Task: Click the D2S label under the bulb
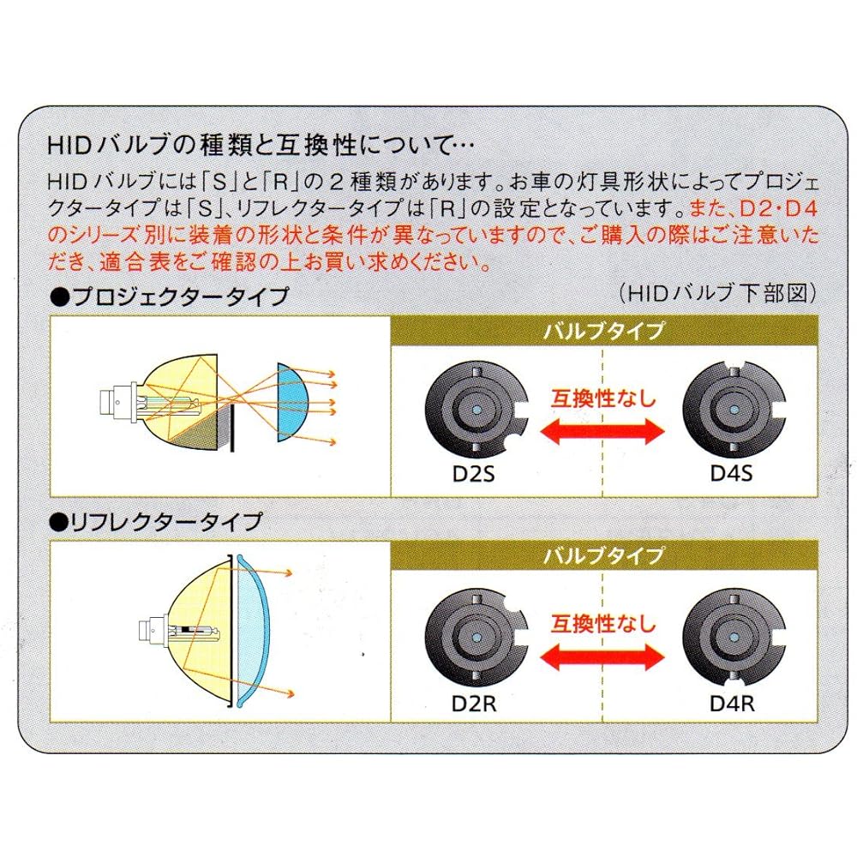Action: pos(473,473)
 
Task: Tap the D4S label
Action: pos(731,473)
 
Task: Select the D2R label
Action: pos(474,704)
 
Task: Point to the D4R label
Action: pos(732,704)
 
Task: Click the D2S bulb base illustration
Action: pos(476,410)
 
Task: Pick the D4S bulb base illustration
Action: pos(734,410)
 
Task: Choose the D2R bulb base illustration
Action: pos(476,639)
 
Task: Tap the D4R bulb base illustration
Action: pos(734,639)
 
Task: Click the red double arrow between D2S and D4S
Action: pos(602,431)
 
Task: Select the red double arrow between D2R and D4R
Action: pos(602,656)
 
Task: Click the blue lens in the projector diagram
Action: pos(291,402)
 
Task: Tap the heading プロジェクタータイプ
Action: pos(170,297)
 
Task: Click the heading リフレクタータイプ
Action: pos(156,523)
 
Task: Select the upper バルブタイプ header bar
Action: pos(604,331)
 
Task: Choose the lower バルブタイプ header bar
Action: pos(604,556)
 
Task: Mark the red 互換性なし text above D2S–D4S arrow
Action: pos(602,398)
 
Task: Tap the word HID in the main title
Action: pos(69,147)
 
